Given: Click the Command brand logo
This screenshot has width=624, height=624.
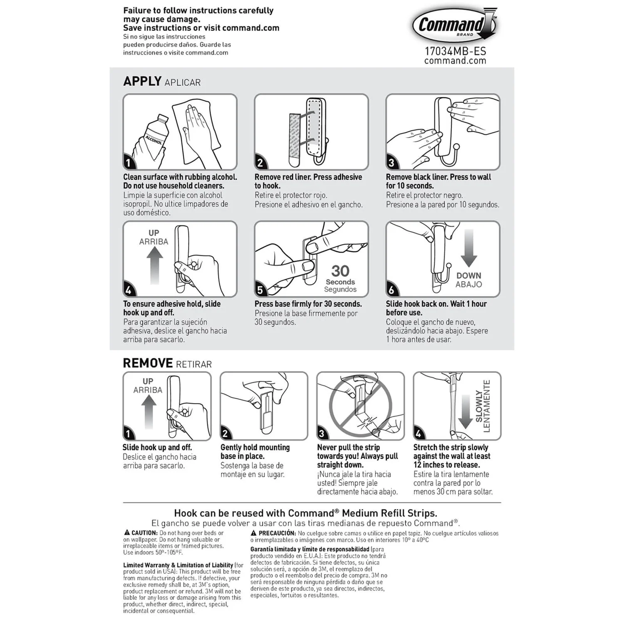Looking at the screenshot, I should coord(454,26).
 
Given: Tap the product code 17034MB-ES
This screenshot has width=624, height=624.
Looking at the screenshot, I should coord(455,51).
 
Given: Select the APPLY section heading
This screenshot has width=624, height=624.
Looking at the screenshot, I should coord(142,81).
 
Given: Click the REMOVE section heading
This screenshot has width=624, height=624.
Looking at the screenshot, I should coord(148,363).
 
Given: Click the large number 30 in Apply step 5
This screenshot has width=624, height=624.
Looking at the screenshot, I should coord(340,271).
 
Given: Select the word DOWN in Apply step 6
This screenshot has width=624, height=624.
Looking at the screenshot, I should coord(469,275).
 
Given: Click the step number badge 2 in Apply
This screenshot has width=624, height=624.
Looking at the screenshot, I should coord(260,163).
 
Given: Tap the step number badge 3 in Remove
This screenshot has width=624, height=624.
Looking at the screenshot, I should coord(322,434).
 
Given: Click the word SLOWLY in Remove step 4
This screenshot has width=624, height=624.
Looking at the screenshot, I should coord(479,406).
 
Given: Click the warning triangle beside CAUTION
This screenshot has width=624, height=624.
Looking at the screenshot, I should coord(127,532).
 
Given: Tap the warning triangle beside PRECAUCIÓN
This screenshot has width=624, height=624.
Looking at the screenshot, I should coord(254,533).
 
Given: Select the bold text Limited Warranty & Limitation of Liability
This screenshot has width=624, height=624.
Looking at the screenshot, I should coord(178,565).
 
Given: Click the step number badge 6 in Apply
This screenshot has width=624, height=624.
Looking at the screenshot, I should coord(391,290).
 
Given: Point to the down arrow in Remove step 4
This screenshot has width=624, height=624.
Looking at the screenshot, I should coord(465,412).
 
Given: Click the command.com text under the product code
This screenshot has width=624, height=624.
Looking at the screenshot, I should coord(455,61).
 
